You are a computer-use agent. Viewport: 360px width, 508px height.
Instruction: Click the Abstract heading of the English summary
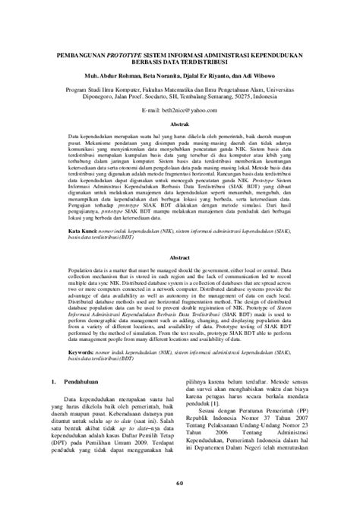[x=179, y=257]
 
